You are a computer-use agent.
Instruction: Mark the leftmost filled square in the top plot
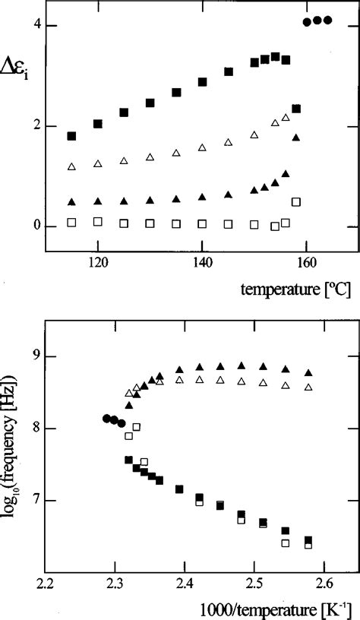(x=71, y=136)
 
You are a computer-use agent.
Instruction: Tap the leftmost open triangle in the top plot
(x=71, y=166)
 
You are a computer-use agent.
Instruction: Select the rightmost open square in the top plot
(x=296, y=202)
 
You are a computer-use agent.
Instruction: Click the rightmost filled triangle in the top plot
(x=296, y=138)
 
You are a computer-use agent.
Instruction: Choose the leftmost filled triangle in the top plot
(x=71, y=202)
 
